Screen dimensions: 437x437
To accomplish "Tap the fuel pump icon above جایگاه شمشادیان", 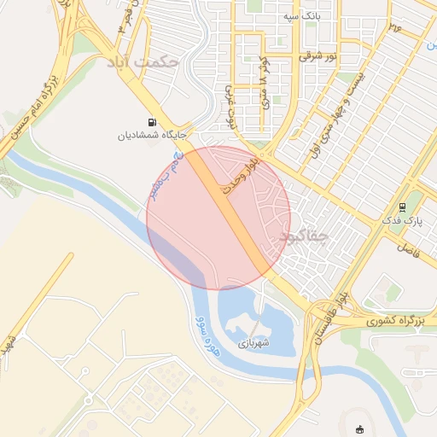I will pyautogui.click(x=152, y=123).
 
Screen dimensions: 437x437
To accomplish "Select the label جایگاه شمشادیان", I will pyautogui.click(x=152, y=135).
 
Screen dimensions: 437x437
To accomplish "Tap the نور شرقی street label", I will pyautogui.click(x=318, y=56).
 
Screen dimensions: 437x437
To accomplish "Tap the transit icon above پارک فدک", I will pyautogui.click(x=403, y=207).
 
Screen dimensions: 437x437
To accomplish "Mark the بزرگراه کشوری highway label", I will pyautogui.click(x=396, y=322).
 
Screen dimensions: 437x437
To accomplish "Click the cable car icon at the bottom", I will pyautogui.click(x=358, y=429).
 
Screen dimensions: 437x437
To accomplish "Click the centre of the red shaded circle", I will pyautogui.click(x=218, y=218).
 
